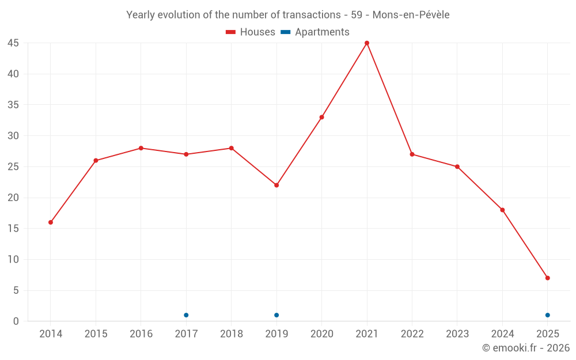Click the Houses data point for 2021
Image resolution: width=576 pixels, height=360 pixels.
(x=367, y=43)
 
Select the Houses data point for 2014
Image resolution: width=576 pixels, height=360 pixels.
(x=51, y=222)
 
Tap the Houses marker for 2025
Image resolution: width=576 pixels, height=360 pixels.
(x=547, y=278)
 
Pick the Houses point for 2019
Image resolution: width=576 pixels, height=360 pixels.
(x=276, y=185)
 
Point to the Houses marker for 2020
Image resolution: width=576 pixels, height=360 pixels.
(x=321, y=117)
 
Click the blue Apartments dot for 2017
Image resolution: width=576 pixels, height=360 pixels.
(x=186, y=315)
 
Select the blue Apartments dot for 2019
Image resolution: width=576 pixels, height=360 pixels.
(x=276, y=315)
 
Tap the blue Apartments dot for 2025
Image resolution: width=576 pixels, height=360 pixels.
(x=547, y=315)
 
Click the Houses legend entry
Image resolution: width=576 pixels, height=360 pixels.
(x=251, y=32)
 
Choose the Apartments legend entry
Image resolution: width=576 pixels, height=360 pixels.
(x=315, y=32)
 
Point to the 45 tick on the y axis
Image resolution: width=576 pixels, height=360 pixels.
(x=13, y=43)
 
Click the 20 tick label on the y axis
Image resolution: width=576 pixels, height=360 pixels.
(x=13, y=198)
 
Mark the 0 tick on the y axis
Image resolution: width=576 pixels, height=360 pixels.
(x=16, y=321)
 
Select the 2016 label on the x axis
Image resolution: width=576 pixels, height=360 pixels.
(x=141, y=334)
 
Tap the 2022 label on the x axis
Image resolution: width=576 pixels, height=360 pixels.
(x=412, y=334)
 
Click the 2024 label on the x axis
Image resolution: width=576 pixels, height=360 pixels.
(x=502, y=334)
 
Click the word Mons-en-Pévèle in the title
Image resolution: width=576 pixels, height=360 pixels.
(x=411, y=15)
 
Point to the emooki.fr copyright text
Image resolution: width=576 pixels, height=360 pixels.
(x=526, y=348)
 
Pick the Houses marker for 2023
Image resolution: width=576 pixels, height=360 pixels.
(x=457, y=166)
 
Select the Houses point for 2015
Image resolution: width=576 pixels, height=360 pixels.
(x=96, y=160)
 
